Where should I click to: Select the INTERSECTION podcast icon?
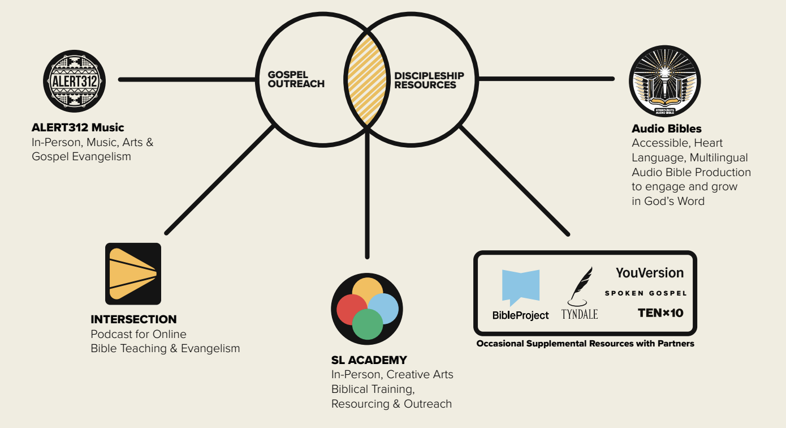(x=133, y=273)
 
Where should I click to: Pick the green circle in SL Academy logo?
(x=368, y=324)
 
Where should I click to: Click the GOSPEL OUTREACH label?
(x=296, y=79)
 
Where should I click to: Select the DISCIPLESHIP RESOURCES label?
(x=429, y=80)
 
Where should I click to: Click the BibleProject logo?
(x=520, y=294)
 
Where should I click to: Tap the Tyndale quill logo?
(x=580, y=293)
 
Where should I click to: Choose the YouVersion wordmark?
(x=650, y=273)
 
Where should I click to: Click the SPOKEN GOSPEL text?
(x=646, y=293)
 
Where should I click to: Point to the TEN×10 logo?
(x=660, y=312)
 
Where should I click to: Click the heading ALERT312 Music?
(x=78, y=127)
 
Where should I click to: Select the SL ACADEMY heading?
(x=369, y=360)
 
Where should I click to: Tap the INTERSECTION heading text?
(x=133, y=319)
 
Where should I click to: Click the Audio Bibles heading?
(x=667, y=129)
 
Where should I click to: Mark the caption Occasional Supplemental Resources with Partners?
(x=585, y=344)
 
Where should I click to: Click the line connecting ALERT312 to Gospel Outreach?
(x=187, y=79)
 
